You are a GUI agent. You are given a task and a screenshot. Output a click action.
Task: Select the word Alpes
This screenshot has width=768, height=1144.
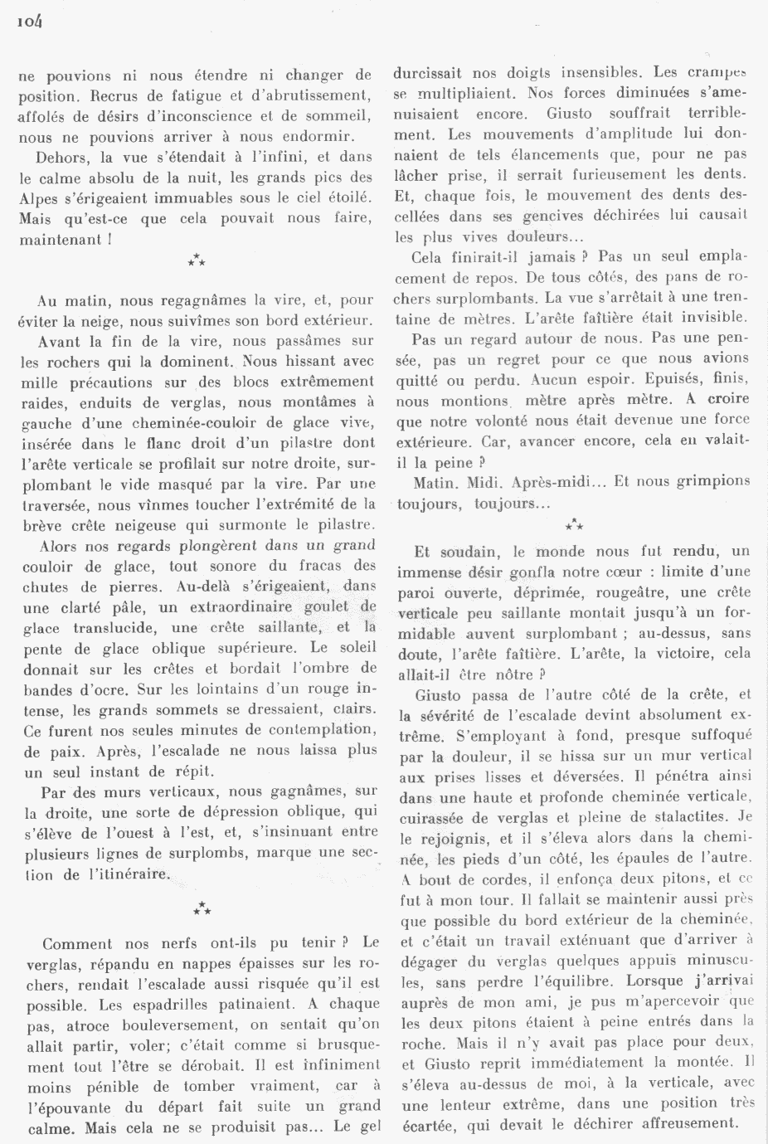(38, 198)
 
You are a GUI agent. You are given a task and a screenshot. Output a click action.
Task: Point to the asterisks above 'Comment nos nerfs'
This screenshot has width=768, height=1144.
(202, 909)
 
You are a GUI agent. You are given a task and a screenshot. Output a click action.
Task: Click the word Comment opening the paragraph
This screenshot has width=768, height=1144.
(76, 943)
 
